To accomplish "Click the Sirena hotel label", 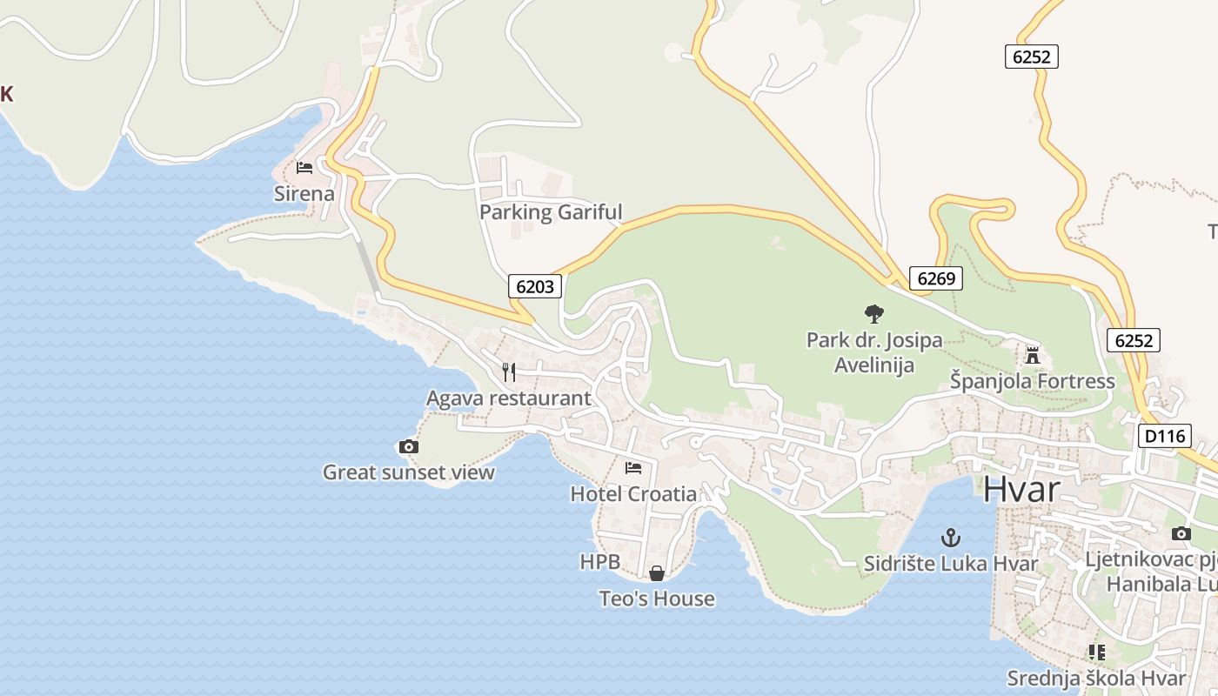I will (x=304, y=193).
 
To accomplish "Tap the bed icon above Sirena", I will (x=304, y=167).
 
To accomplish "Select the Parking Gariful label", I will (x=551, y=211).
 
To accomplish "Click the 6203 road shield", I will (x=535, y=286).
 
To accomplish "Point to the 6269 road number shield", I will (x=936, y=278).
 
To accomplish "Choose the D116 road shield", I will (x=1164, y=436).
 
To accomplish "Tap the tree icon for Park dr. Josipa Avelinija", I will (x=874, y=314).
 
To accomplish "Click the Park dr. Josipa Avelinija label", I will (x=874, y=352).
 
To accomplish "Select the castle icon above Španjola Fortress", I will (x=1033, y=355).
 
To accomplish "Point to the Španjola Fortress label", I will (x=1032, y=381).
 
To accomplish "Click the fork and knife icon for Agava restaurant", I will (x=509, y=372).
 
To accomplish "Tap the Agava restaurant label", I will (x=509, y=398).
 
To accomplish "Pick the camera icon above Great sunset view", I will (x=408, y=446).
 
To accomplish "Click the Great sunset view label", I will (x=408, y=472).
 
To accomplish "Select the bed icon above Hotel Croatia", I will (x=633, y=468).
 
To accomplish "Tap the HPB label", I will (x=600, y=562).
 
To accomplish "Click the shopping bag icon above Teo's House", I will (x=657, y=573).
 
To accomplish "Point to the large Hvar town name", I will (x=1021, y=489).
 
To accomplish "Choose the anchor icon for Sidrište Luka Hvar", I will (x=951, y=538).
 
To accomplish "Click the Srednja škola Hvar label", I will (x=1096, y=678).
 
